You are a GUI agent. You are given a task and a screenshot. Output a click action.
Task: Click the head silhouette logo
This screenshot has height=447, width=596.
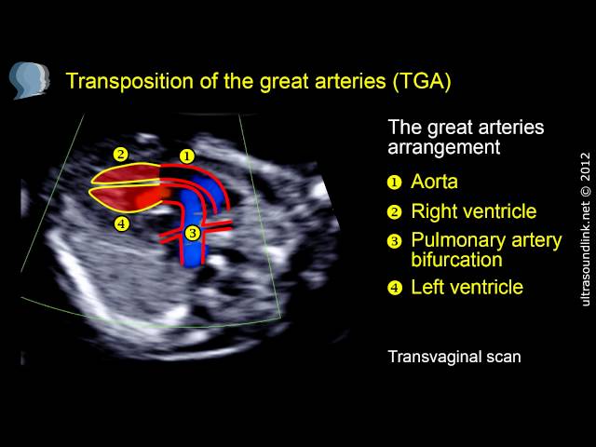29,81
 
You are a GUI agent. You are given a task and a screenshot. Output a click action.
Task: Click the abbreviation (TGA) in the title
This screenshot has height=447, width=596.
422,81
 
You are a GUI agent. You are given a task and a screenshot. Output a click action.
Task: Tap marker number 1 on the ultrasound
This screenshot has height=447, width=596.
186,156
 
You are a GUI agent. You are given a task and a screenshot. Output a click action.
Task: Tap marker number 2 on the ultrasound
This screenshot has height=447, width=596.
120,155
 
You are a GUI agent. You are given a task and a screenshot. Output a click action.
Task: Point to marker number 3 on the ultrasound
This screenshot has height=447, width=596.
193,233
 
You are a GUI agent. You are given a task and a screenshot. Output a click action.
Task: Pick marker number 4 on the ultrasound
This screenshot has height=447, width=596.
121,223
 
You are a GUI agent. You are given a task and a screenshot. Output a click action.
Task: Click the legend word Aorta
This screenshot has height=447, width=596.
435,182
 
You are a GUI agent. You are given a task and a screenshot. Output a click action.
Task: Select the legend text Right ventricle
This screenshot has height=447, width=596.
474,211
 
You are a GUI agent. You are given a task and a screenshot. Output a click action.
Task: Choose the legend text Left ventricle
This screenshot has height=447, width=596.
467,287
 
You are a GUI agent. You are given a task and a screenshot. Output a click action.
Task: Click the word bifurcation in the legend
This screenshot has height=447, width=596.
456,260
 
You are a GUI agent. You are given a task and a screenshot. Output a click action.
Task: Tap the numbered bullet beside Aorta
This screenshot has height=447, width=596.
395,183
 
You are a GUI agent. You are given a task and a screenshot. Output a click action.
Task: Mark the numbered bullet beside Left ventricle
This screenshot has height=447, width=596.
395,288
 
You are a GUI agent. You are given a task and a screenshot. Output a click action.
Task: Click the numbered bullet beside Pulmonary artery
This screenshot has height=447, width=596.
395,241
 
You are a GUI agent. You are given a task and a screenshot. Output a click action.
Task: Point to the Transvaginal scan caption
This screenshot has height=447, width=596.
454,357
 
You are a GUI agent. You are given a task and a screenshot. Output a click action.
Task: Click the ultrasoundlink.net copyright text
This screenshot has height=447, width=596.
586,229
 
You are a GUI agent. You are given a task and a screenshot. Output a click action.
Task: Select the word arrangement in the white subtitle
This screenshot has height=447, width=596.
443,147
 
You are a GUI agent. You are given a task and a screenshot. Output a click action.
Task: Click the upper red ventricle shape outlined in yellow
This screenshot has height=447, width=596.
127,174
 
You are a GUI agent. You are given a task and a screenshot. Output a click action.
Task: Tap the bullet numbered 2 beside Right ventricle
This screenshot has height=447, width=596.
395,212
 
